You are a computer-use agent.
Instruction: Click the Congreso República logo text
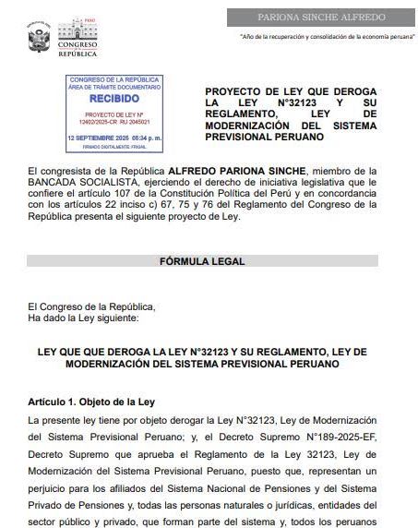pyautogui.click(x=78, y=43)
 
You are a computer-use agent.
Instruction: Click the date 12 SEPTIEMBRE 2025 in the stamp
pyautogui.click(x=101, y=137)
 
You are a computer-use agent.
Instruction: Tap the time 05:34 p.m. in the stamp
pyautogui.click(x=145, y=137)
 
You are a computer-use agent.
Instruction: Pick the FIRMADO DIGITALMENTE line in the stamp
pyautogui.click(x=114, y=146)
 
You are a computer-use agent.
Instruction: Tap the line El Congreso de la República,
pyautogui.click(x=85, y=306)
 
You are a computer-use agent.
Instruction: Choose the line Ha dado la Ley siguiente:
pyautogui.click(x=83, y=318)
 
